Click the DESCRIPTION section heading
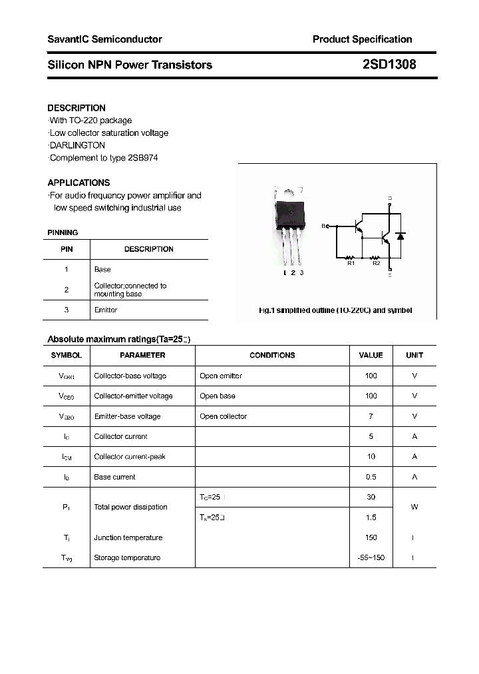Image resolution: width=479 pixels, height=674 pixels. [x=77, y=108]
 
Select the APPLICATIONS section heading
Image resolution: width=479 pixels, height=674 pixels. [x=79, y=182]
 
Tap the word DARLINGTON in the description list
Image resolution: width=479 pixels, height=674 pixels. [x=78, y=145]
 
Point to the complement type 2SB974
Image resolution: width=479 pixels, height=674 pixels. [x=140, y=158]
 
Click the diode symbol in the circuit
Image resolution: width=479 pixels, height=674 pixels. [x=400, y=236]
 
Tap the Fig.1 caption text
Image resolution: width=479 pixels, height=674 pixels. [x=335, y=310]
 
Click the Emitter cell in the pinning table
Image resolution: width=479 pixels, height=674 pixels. [x=106, y=310]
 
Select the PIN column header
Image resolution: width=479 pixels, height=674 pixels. [x=67, y=249]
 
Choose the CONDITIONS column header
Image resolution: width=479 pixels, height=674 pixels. [x=272, y=356]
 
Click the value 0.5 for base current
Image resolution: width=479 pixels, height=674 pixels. [x=371, y=477]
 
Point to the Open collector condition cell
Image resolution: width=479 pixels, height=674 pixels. [x=223, y=416]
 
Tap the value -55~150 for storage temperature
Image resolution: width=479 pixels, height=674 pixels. [x=371, y=557]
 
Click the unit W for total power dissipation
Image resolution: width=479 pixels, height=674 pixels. [x=414, y=507]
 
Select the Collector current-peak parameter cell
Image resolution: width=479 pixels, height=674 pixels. [x=130, y=457]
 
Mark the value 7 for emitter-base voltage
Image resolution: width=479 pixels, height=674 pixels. [x=371, y=416]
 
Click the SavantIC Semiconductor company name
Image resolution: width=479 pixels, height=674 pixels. [x=104, y=39]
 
